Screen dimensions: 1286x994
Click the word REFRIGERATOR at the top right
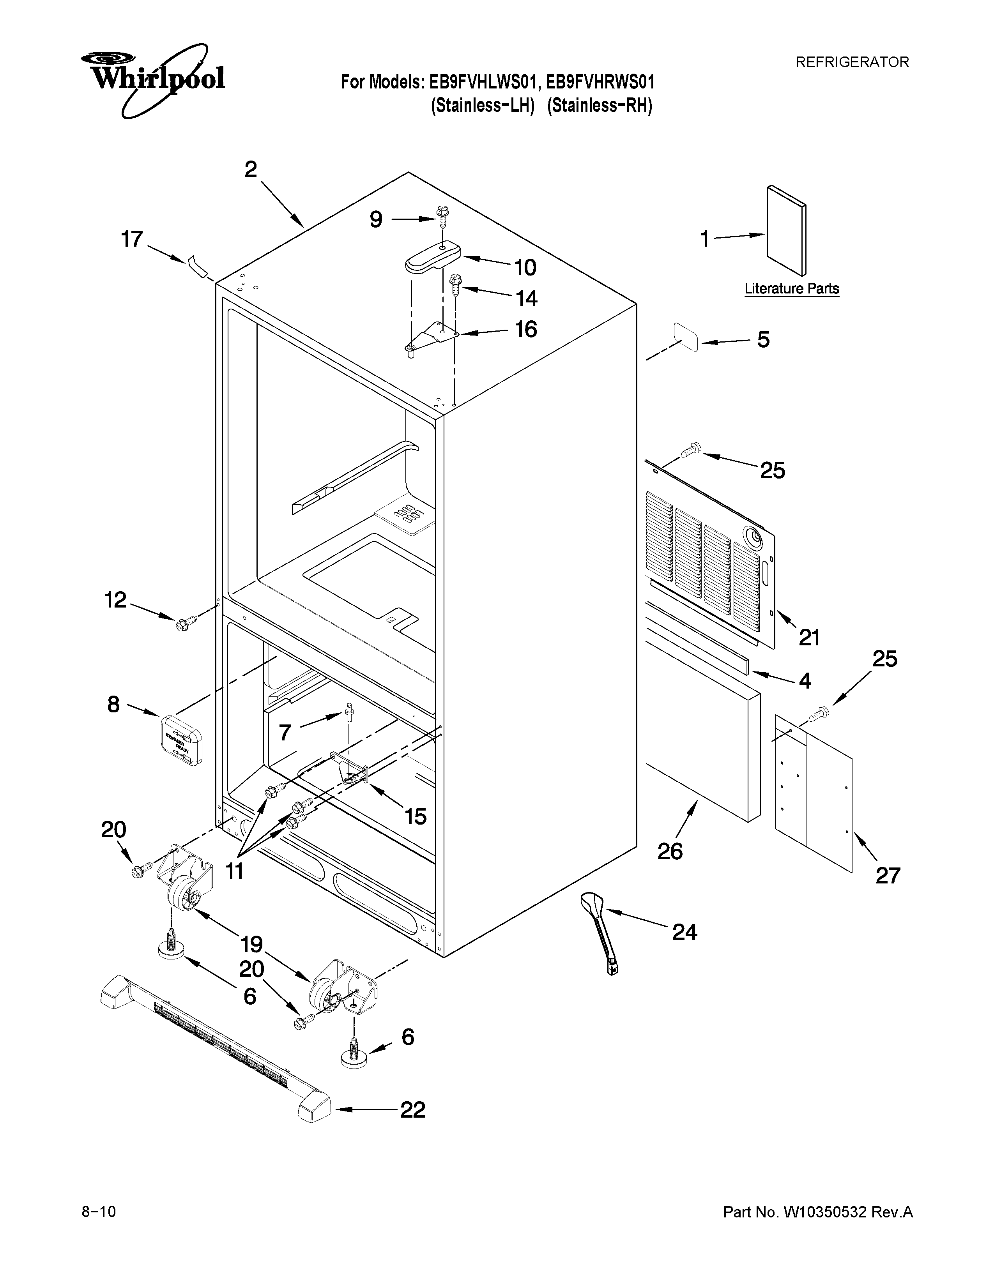(852, 62)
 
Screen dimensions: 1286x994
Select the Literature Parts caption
(791, 288)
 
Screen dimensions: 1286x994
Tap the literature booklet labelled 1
(786, 231)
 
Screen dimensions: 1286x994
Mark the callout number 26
(670, 851)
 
